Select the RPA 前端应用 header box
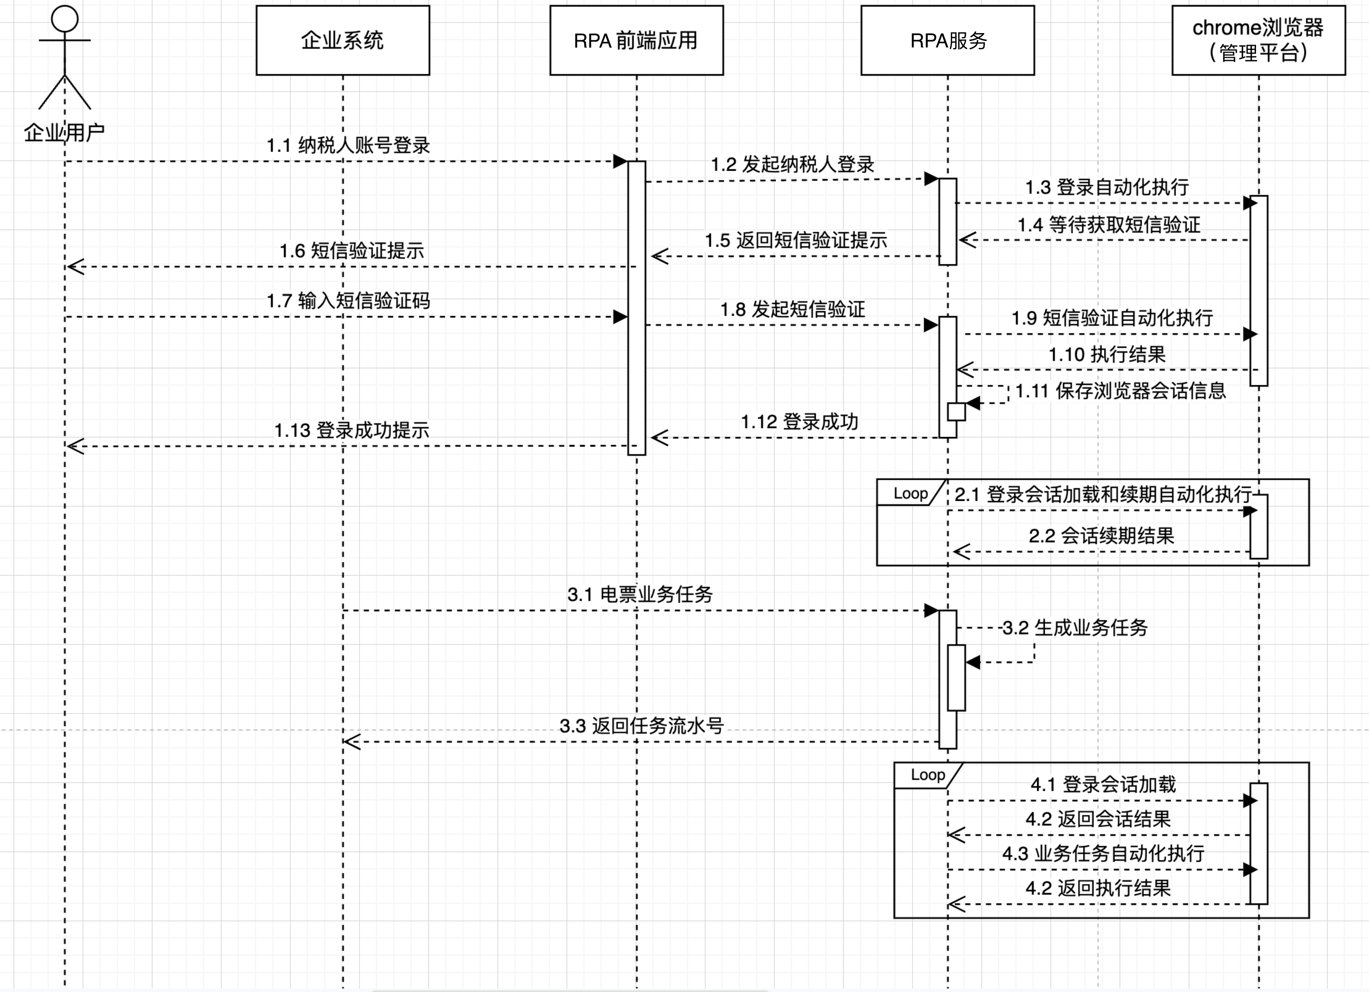(636, 40)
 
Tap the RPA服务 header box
(947, 40)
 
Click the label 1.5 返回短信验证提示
(795, 240)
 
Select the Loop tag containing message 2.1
(910, 493)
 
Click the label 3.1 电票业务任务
(640, 594)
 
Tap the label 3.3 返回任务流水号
(641, 725)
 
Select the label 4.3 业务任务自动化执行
(1103, 853)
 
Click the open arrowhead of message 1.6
(75, 266)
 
